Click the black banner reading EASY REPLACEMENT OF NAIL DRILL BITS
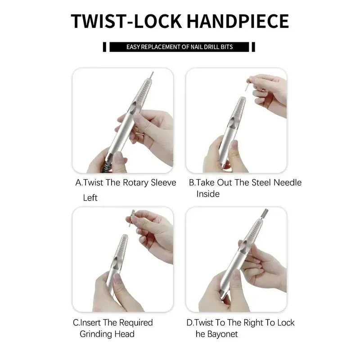[x=180, y=46]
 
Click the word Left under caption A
[x=90, y=198]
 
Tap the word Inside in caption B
[x=208, y=194]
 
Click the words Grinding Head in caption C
[x=107, y=334]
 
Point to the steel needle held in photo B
[x=247, y=85]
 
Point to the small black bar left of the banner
[x=104, y=46]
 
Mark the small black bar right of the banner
[x=253, y=46]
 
